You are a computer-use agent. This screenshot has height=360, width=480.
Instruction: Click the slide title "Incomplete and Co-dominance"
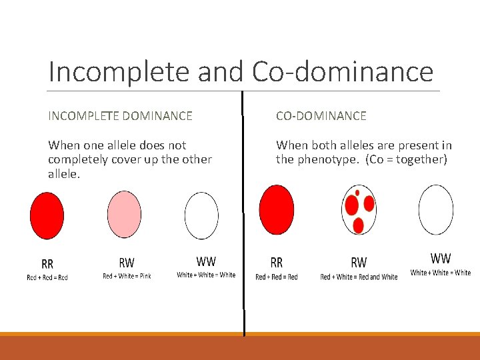click(x=241, y=71)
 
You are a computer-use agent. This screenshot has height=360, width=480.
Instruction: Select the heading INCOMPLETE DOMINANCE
click(x=120, y=116)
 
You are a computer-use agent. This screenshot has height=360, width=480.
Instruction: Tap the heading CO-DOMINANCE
click(x=321, y=116)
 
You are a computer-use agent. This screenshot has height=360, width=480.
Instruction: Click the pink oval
click(x=124, y=214)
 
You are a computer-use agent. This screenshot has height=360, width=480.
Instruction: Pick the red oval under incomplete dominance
click(x=47, y=215)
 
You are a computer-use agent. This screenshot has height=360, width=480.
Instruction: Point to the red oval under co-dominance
click(x=276, y=209)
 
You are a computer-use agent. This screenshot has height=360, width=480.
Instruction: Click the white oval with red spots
click(x=359, y=209)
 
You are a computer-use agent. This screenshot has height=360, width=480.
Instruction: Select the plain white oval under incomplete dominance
click(x=201, y=215)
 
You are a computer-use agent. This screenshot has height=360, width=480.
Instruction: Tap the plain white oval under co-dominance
click(x=435, y=209)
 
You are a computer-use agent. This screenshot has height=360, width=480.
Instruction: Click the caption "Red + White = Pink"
click(x=127, y=276)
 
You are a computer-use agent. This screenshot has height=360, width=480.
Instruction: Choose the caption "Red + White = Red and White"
click(x=359, y=277)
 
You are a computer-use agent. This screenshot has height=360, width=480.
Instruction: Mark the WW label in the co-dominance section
click(x=441, y=259)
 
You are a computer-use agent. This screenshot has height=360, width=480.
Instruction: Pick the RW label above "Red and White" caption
click(x=359, y=263)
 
